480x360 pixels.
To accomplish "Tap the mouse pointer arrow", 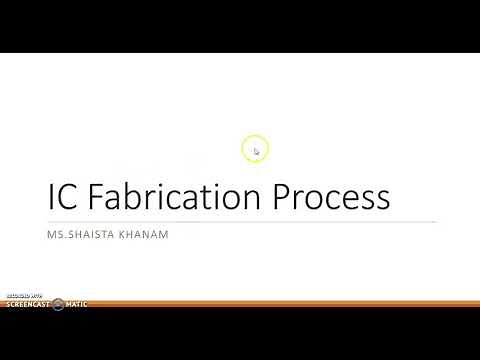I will point(257,152).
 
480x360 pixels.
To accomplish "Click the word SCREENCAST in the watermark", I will point(26,304).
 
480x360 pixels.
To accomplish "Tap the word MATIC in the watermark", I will point(76,304).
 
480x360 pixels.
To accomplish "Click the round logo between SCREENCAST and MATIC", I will point(58,303).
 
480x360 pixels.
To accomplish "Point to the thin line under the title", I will point(240,221).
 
